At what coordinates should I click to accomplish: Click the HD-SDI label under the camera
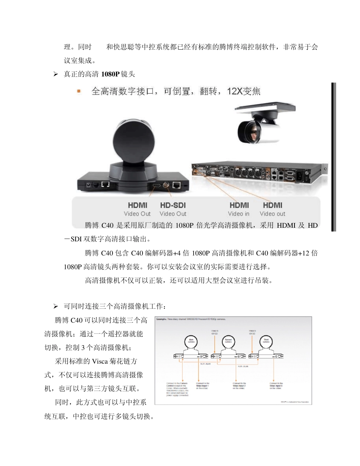tap(173, 205)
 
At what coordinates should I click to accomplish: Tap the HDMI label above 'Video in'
tap(239, 205)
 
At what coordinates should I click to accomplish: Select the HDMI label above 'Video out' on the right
tap(272, 205)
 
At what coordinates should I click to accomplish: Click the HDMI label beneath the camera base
tap(138, 205)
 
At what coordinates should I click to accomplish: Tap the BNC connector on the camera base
tap(166, 185)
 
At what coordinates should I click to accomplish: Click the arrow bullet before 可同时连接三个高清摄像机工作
tap(55, 306)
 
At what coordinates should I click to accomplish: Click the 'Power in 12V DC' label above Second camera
tap(215, 332)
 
